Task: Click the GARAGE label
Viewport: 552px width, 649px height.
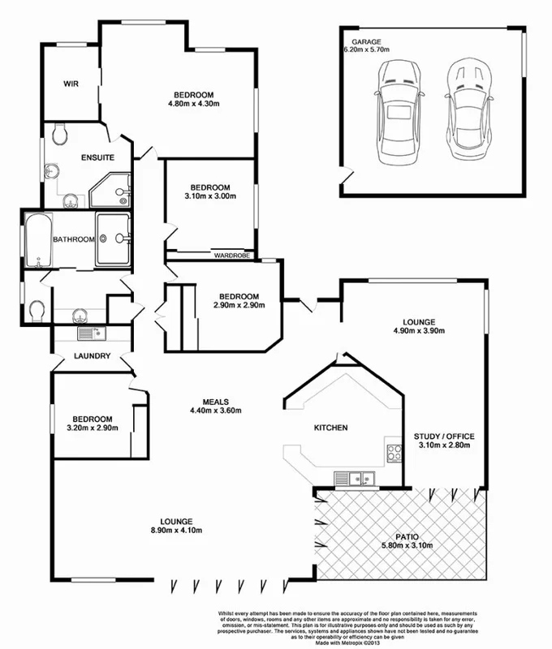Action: tap(366, 41)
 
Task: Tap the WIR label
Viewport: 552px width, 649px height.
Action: tap(71, 84)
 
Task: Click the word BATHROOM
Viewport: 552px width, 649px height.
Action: tap(74, 239)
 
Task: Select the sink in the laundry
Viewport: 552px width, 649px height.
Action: tap(88, 333)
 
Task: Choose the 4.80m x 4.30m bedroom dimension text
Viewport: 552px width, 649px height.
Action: tap(194, 104)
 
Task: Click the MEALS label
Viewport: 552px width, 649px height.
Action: tap(216, 401)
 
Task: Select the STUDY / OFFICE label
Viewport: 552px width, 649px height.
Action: tap(444, 436)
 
